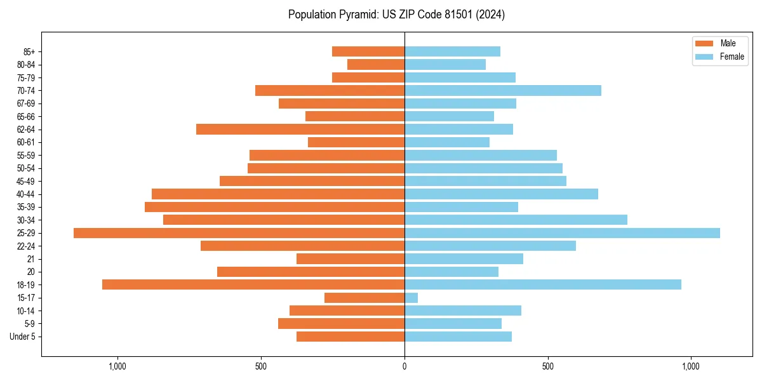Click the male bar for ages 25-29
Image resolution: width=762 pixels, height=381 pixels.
point(239,233)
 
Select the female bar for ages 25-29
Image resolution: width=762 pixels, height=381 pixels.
point(562,233)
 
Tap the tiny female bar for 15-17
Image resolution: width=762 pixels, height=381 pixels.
point(411,298)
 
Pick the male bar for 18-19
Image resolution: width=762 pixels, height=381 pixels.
point(253,284)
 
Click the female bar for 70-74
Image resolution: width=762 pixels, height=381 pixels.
point(503,90)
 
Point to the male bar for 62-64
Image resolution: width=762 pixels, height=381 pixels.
point(300,130)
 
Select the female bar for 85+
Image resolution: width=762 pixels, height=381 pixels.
point(452,51)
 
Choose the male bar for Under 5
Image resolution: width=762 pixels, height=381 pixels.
point(351,337)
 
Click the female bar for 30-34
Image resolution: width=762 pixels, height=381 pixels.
point(516,220)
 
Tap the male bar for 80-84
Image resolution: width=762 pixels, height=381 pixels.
point(376,64)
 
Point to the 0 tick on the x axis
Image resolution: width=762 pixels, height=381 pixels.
point(404,366)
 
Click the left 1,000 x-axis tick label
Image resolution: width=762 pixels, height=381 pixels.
point(117,366)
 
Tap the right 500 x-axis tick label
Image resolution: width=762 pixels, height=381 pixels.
point(548,366)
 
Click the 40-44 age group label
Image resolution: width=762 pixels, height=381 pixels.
point(25,194)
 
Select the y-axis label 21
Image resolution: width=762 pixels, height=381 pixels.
point(31,259)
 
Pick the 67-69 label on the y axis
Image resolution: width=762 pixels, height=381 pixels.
point(25,104)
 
